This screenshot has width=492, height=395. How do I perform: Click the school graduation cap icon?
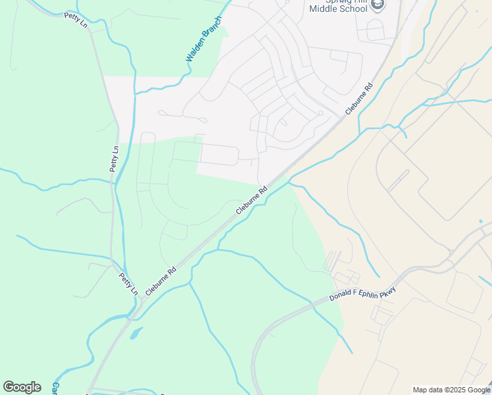tap(378, 5)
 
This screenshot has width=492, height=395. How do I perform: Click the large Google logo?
tap(22, 386)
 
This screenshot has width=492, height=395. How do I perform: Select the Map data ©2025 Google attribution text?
tap(451, 390)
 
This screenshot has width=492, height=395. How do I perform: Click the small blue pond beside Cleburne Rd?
tap(135, 334)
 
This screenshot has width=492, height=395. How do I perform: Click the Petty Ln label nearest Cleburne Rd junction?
tap(128, 284)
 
